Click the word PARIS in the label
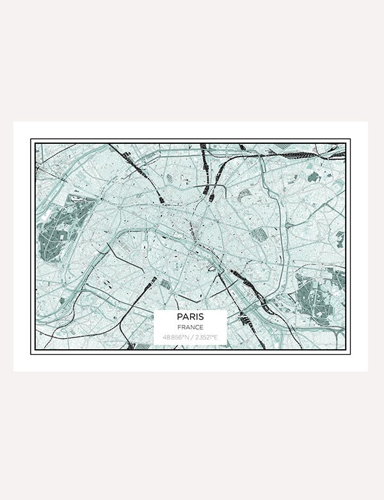(191, 316)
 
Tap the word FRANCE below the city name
(191, 327)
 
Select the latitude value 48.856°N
(175, 337)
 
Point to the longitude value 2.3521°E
(207, 337)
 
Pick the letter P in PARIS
(180, 316)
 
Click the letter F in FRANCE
(181, 327)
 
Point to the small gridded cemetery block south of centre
(165, 283)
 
